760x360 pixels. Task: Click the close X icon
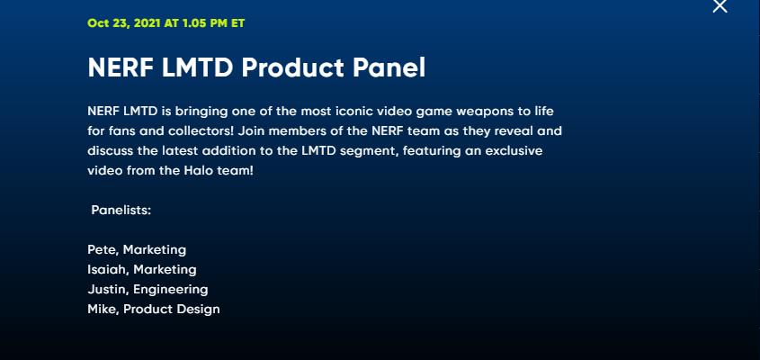point(720,5)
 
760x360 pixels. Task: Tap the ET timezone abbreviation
point(238,23)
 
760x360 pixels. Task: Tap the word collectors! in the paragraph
point(204,131)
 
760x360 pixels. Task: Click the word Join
point(249,131)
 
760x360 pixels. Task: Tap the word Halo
point(197,171)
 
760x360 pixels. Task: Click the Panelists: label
point(121,211)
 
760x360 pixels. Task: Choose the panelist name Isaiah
point(109,270)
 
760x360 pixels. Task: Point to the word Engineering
point(171,290)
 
